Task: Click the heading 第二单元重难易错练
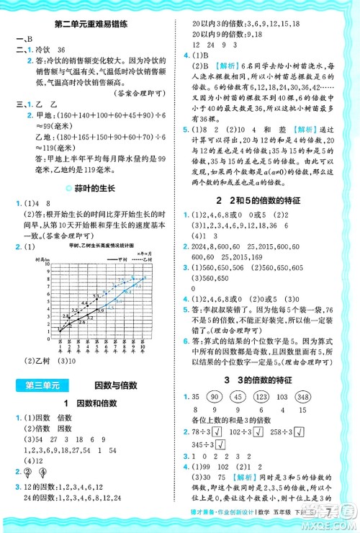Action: coord(90,27)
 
